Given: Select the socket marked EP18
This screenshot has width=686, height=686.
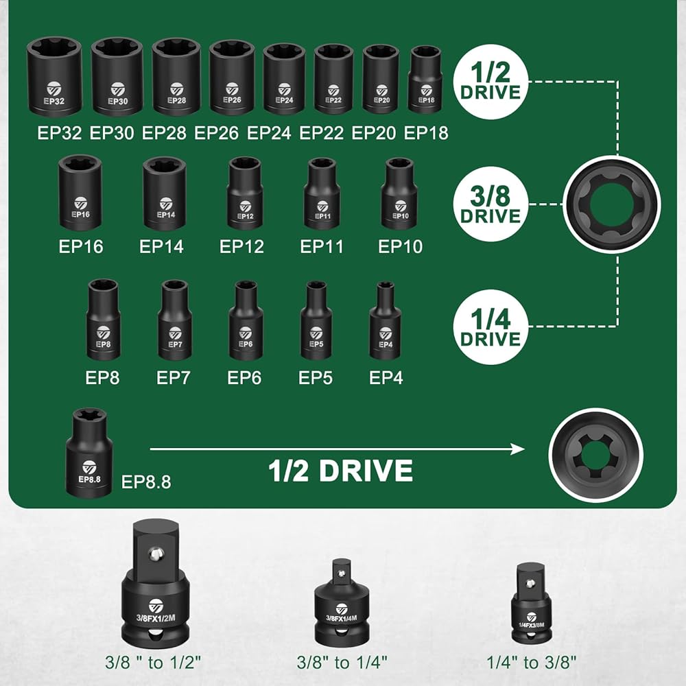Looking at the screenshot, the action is point(426,80).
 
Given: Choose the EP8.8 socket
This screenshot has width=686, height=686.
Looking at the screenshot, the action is point(90,453).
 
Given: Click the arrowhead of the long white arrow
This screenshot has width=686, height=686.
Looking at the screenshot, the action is point(517,449).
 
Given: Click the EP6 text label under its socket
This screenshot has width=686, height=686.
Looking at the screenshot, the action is point(244,377).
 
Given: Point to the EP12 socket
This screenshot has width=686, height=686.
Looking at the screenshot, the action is point(244,193).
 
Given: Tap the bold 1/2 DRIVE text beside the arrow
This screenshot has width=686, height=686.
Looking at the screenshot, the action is point(340,470).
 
